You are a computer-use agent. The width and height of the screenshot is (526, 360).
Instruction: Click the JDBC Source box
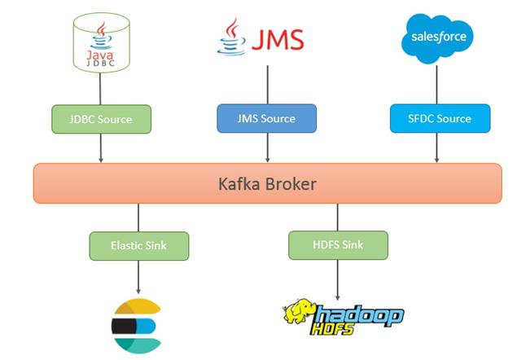(103, 119)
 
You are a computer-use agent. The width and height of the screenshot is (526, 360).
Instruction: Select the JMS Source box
(267, 119)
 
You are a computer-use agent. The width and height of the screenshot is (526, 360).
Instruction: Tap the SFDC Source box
(441, 118)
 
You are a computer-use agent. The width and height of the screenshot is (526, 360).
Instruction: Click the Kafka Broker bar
(267, 183)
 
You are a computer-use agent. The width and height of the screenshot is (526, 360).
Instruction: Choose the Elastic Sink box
(138, 244)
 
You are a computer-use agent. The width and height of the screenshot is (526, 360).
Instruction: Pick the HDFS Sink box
(338, 244)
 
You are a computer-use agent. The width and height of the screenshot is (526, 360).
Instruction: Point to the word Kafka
(240, 183)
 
